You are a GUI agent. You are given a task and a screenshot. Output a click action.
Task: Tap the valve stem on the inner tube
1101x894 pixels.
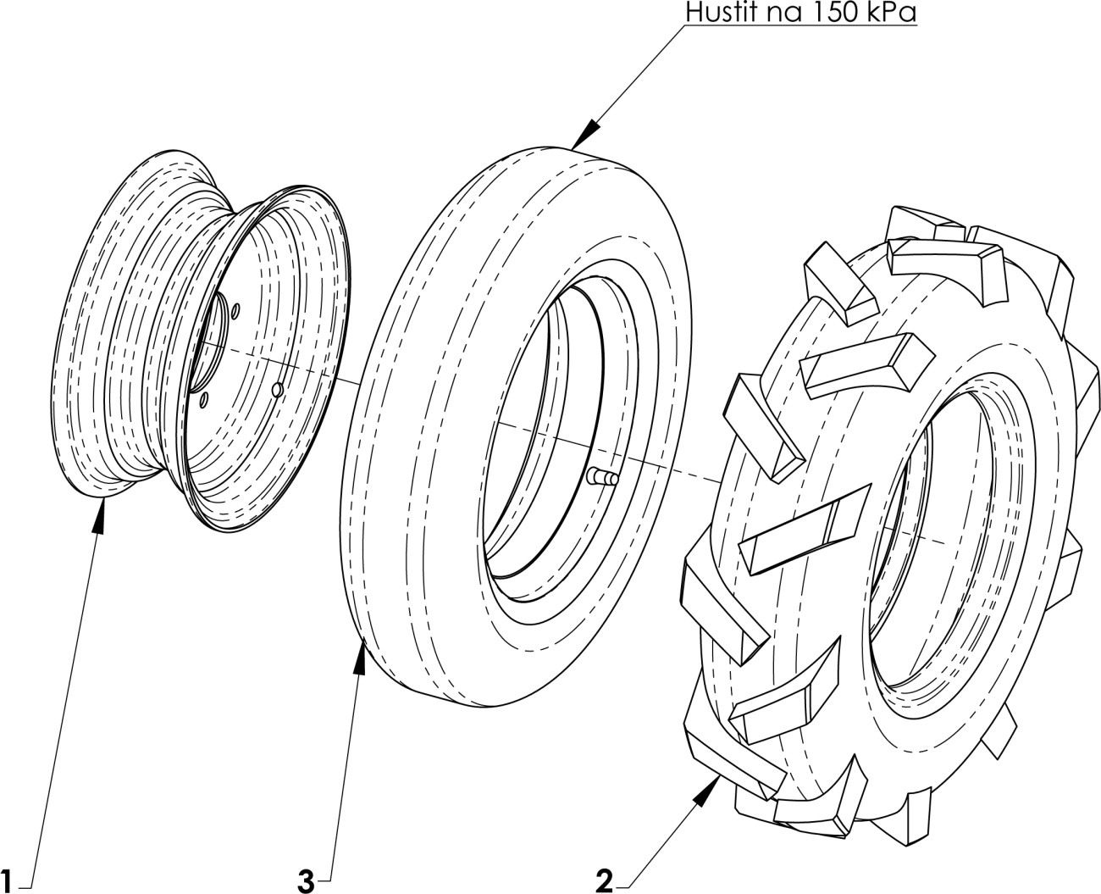pyautogui.click(x=603, y=475)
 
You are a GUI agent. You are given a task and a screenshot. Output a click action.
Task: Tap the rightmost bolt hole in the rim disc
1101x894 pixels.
pyautogui.click(x=278, y=389)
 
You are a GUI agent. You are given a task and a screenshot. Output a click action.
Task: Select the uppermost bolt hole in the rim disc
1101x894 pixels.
pyautogui.click(x=235, y=311)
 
